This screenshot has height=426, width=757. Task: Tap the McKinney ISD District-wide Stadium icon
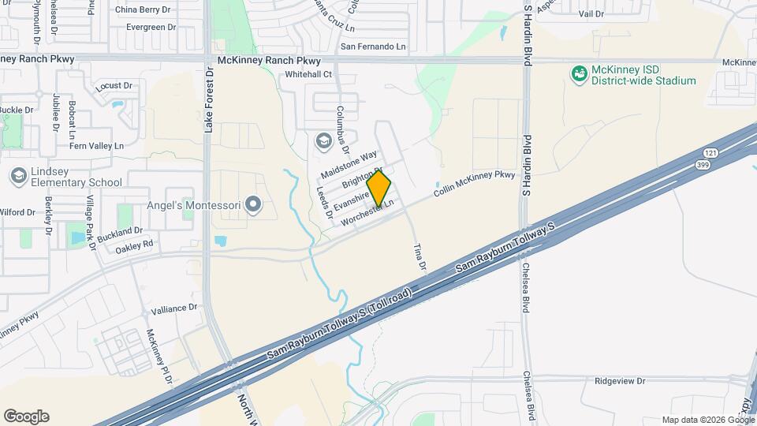(580, 74)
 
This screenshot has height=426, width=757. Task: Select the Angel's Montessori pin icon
(253, 206)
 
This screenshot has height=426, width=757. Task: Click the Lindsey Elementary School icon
(18, 174)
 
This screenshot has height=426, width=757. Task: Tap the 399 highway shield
(700, 165)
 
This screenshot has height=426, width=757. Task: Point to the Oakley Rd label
(133, 245)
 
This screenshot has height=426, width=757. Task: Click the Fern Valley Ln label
(97, 146)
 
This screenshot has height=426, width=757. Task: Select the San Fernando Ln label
(373, 47)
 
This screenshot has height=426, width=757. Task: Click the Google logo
(26, 417)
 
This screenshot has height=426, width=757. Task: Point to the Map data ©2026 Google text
(707, 420)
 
